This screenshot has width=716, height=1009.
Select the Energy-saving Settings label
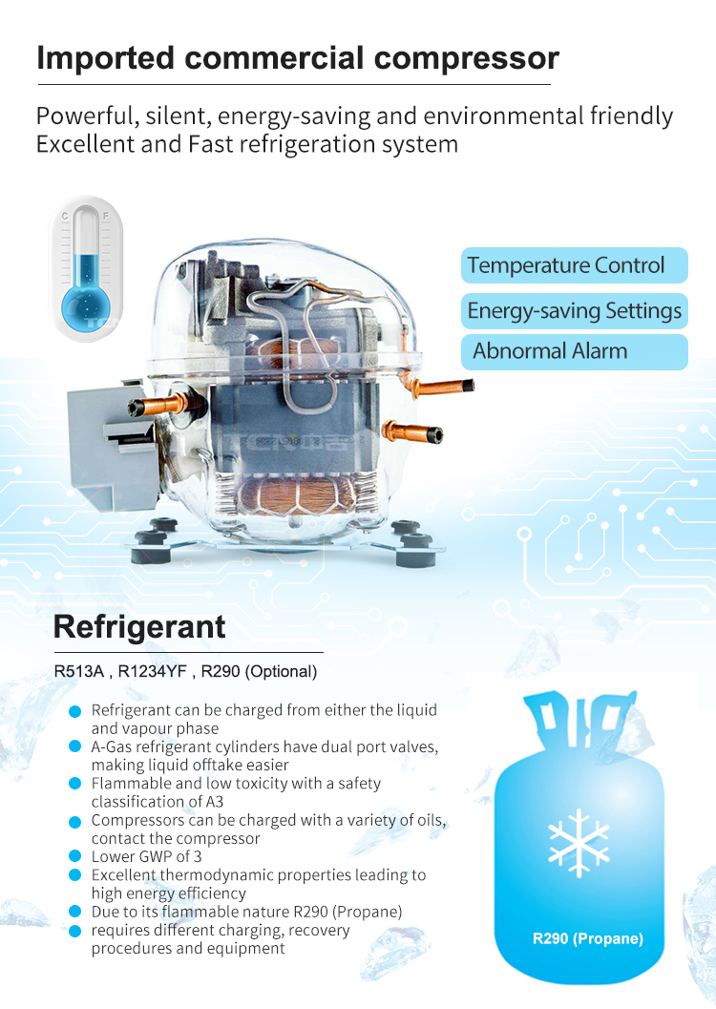point(574,311)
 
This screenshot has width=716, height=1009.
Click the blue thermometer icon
point(86,269)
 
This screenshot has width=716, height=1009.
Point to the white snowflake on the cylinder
point(579,843)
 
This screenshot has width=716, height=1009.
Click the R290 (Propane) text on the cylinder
point(587,938)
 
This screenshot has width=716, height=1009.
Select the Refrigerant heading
point(139,627)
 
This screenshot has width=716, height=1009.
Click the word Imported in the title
point(106,58)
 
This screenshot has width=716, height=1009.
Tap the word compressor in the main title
point(467,58)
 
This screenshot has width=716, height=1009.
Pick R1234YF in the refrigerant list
point(153,672)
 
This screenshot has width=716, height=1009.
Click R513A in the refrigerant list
point(78,672)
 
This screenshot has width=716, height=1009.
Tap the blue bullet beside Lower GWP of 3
point(75,856)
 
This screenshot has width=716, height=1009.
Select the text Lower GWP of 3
point(147,856)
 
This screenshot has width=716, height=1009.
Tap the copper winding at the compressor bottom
point(296,496)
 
